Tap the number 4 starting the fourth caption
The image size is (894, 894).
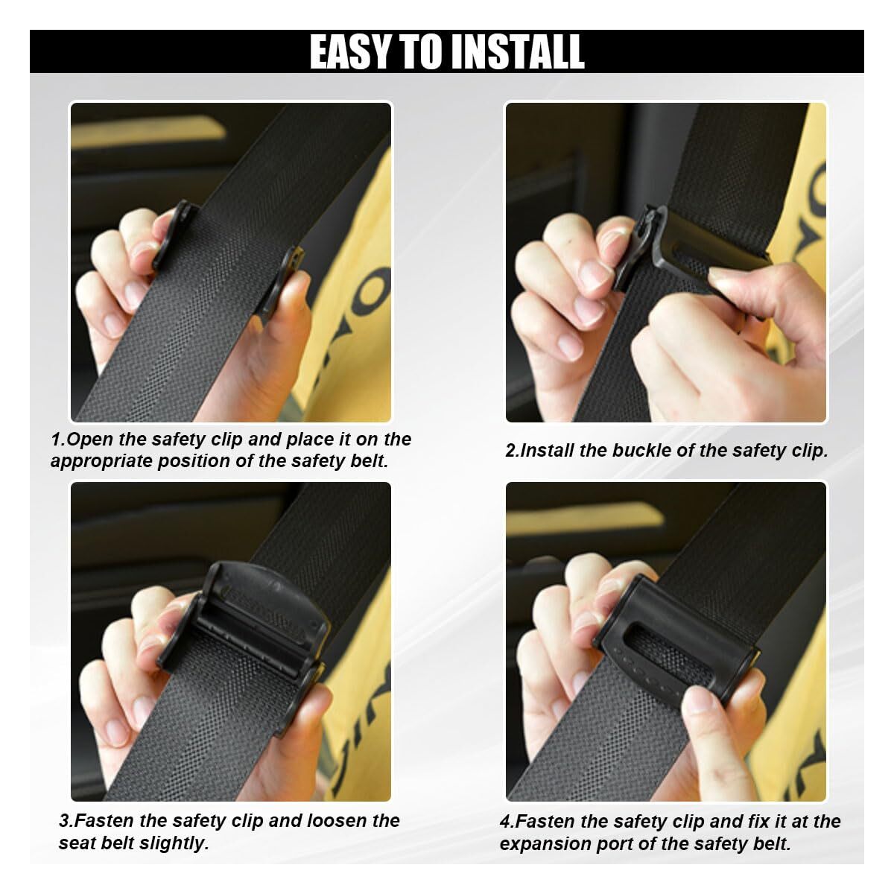pos(505,822)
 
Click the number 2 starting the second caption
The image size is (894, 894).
pos(510,451)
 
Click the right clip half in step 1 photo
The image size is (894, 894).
pos(281,279)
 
